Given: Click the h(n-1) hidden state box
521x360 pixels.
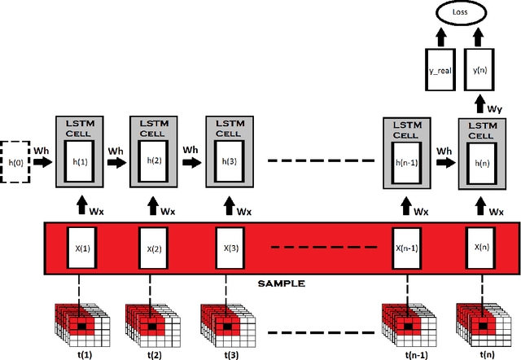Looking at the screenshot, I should coord(406,161).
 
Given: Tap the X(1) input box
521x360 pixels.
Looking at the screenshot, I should coord(79,248).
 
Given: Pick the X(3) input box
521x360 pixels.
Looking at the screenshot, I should coord(230,248).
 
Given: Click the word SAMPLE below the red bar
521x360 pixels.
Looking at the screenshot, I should coord(280,283).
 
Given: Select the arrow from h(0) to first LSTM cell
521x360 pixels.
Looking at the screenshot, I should coord(42,162).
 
